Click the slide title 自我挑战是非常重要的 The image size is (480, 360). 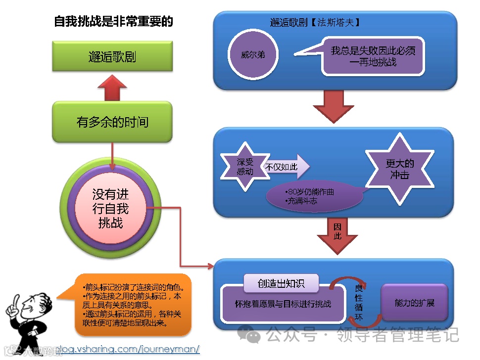click(113, 22)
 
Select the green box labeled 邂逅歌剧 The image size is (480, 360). click(112, 56)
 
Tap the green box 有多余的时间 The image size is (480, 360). click(112, 122)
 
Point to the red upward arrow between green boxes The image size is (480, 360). click(112, 88)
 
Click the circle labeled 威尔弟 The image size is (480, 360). click(253, 54)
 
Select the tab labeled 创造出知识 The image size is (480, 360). click(281, 283)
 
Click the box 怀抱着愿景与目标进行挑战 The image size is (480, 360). click(283, 304)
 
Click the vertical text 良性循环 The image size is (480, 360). click(359, 303)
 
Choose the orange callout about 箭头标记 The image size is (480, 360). click(129, 304)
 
